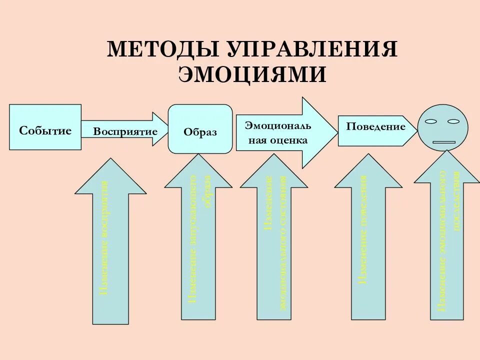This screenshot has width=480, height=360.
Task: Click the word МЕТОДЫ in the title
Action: tap(163, 50)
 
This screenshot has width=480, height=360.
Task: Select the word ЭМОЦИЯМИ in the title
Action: tap(252, 74)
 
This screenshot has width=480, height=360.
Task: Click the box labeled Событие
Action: tap(45, 131)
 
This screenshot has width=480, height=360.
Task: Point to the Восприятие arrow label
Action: tap(125, 132)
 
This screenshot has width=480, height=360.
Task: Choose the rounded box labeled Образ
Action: tap(200, 132)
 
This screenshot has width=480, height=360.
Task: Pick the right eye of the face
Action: tap(453, 121)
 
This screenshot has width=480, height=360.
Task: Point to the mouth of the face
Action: tap(443, 142)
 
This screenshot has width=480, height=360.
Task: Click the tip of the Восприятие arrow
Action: tap(167, 129)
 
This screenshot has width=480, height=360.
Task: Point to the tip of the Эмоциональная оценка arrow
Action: tap(336, 132)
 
